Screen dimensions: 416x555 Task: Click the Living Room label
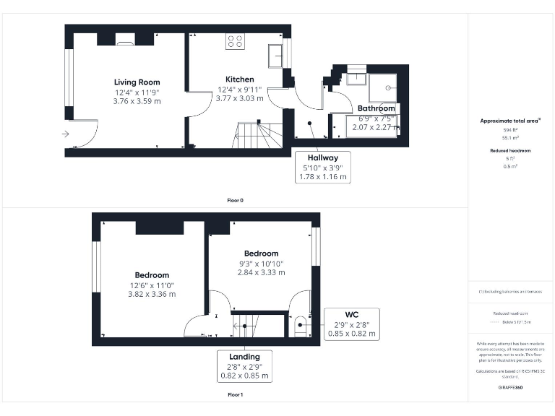pyautogui.click(x=137, y=82)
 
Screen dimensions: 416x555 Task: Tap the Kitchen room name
pyautogui.click(x=239, y=79)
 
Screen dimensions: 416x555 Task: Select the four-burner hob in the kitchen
pyautogui.click(x=235, y=41)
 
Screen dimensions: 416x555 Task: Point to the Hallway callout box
pyautogui.click(x=323, y=167)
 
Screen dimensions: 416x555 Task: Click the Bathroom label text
pyautogui.click(x=377, y=109)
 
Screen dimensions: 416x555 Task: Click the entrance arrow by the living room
pyautogui.click(x=66, y=134)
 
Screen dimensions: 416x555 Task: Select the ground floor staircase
pyautogui.click(x=257, y=135)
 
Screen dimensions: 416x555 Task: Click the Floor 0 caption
pyautogui.click(x=235, y=200)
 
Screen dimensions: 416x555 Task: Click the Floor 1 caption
pyautogui.click(x=235, y=395)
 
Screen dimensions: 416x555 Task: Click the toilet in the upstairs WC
pyautogui.click(x=299, y=325)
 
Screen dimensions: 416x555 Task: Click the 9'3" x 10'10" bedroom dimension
pyautogui.click(x=261, y=264)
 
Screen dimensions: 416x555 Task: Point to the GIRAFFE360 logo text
pyautogui.click(x=510, y=389)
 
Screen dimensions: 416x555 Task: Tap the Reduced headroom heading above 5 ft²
pyautogui.click(x=510, y=151)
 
